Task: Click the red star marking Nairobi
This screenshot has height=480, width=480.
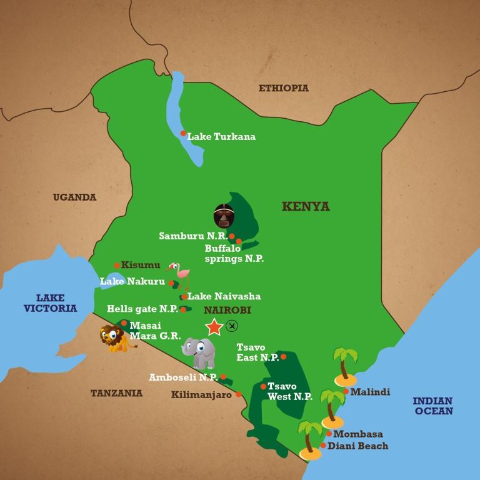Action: point(214,326)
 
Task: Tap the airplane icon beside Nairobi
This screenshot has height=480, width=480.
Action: point(232,325)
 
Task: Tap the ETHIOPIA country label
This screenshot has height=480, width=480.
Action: point(284,88)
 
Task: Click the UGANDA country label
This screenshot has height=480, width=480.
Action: point(74,197)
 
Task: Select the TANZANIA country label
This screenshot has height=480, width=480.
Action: point(116,393)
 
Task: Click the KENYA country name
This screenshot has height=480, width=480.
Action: point(306,207)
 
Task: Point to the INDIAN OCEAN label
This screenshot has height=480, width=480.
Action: point(432,406)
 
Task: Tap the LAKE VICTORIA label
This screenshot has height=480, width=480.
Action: point(51,303)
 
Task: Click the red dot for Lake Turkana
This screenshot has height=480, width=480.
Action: point(183,133)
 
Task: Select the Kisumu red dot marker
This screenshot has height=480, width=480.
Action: point(117,266)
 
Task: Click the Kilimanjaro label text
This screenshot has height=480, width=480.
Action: point(201,394)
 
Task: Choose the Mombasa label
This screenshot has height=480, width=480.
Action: point(358,434)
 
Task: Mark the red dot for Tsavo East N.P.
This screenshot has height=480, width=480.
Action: point(283,357)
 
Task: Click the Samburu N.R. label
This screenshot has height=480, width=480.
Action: point(192,236)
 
